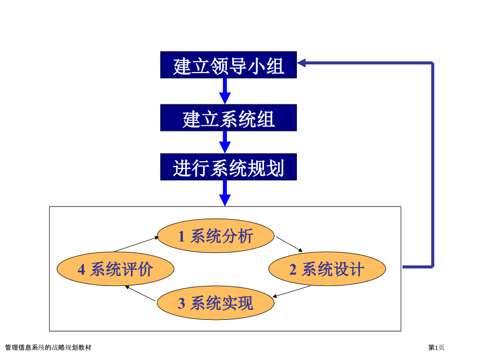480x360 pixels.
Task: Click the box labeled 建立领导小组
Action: (x=229, y=65)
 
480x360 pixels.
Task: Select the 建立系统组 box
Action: (x=229, y=118)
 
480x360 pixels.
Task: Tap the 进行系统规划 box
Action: (x=229, y=167)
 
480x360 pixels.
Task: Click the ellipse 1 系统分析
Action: (x=216, y=236)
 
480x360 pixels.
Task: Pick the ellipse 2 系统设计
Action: (x=327, y=269)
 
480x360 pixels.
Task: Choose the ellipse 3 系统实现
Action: (x=215, y=303)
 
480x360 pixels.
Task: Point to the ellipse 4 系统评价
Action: (x=115, y=269)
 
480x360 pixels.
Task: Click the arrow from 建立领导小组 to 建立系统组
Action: (x=225, y=91)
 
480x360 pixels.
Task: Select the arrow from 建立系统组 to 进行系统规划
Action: (x=225, y=141)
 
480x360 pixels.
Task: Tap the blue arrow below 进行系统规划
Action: (x=225, y=193)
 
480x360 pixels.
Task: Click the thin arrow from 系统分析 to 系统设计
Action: (x=289, y=244)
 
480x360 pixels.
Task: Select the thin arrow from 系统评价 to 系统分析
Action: (x=136, y=244)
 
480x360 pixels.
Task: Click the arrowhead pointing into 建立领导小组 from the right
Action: (x=304, y=63)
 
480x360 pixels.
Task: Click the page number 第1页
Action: (x=437, y=347)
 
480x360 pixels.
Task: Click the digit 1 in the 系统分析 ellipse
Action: (x=182, y=237)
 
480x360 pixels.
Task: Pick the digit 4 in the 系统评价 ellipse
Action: (x=81, y=270)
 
